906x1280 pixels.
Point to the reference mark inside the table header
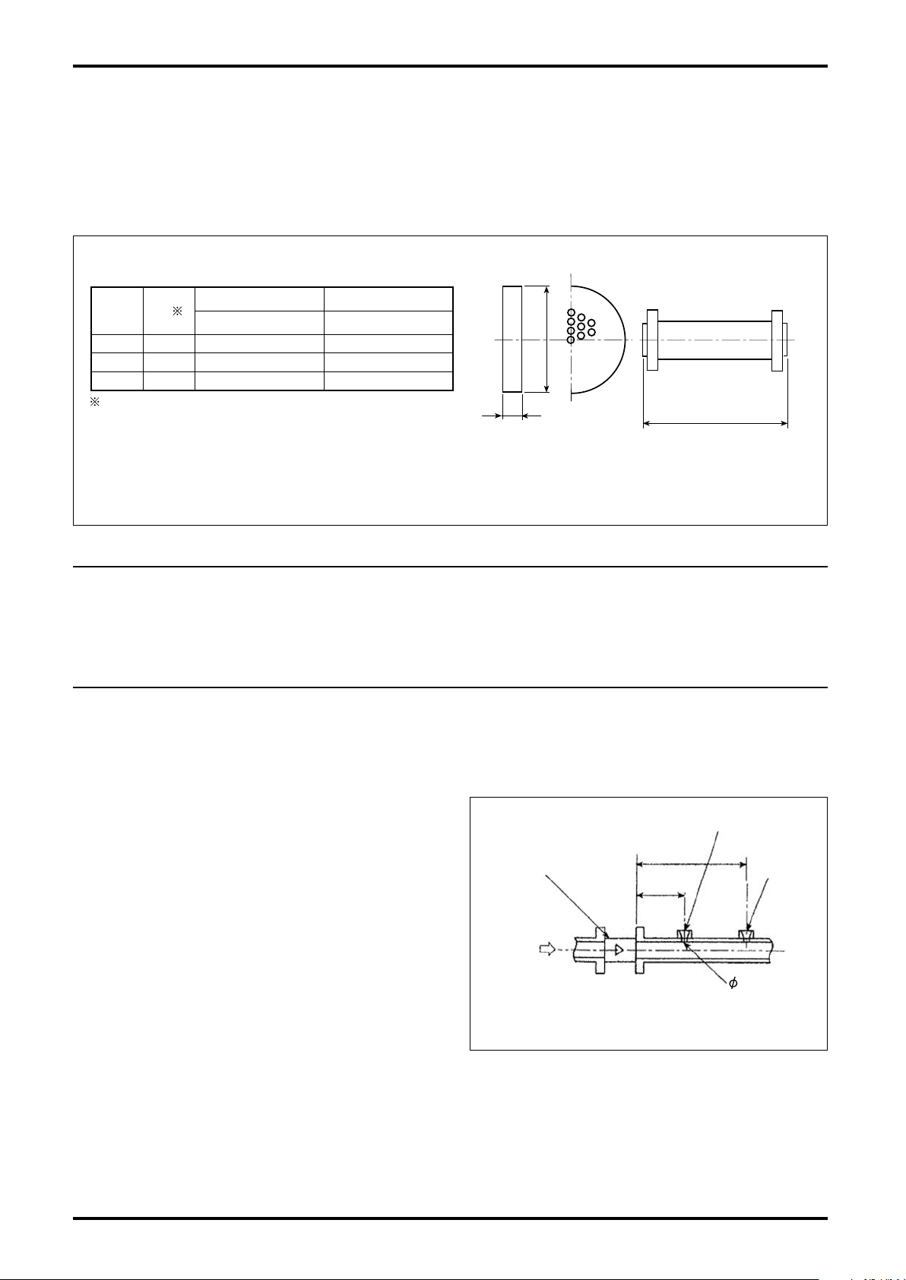tap(177, 311)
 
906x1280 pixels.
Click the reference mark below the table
tap(95, 403)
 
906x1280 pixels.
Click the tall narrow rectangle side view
tap(512, 340)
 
